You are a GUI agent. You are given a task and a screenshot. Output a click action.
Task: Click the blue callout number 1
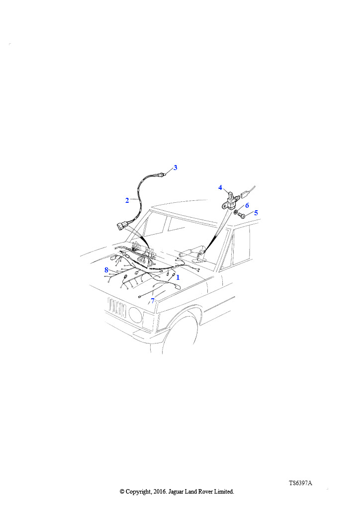point(178,277)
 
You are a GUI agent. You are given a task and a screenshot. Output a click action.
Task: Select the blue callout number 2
point(127,200)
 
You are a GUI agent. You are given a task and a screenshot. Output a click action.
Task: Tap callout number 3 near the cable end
point(176,168)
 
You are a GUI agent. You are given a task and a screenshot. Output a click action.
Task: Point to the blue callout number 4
point(220,187)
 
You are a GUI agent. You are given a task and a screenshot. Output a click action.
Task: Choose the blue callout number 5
point(256,213)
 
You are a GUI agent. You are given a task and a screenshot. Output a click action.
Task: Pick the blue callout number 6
point(247,205)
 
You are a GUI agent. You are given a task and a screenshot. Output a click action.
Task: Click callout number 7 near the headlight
point(153,301)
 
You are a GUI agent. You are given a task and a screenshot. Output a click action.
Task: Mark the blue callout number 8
point(106,270)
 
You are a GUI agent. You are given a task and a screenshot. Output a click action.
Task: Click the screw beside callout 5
point(241,215)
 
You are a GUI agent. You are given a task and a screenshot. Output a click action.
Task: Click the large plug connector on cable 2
point(121,226)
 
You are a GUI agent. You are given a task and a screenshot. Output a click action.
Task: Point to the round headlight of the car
point(135,314)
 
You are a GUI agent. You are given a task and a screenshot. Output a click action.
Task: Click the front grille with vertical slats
point(117,307)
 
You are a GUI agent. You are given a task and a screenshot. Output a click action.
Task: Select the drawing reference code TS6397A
point(300,483)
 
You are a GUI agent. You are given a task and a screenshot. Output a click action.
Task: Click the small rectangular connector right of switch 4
point(245,196)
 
